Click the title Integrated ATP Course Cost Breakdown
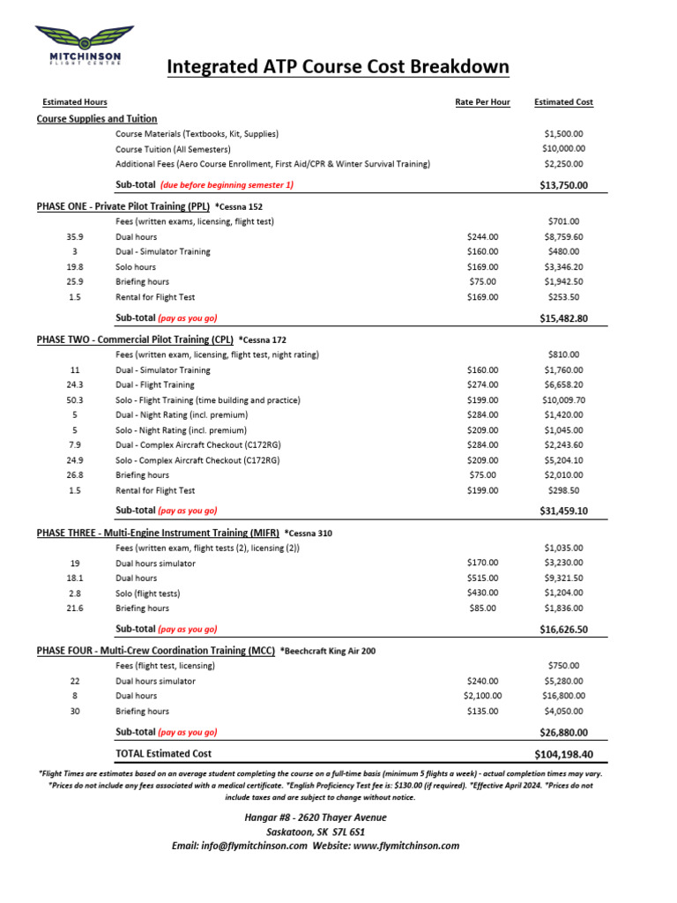pyautogui.click(x=338, y=67)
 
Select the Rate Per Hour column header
pyautogui.click(x=482, y=102)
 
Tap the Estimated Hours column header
pyautogui.click(x=75, y=102)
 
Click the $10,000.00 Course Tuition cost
pyautogui.click(x=563, y=149)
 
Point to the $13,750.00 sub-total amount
pyautogui.click(x=563, y=185)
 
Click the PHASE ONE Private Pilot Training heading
pyautogui.click(x=123, y=205)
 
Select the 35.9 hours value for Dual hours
pyautogui.click(x=75, y=237)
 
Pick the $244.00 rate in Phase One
pyautogui.click(x=482, y=237)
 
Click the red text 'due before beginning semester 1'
pyautogui.click(x=227, y=185)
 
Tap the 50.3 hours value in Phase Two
pyautogui.click(x=75, y=399)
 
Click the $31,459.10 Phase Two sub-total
pyautogui.click(x=563, y=511)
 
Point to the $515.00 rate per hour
pyautogui.click(x=482, y=578)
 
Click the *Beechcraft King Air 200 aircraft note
pyautogui.click(x=327, y=651)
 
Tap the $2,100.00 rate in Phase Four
pyautogui.click(x=482, y=696)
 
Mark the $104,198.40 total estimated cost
pyautogui.click(x=563, y=755)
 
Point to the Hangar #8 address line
pyautogui.click(x=315, y=817)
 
